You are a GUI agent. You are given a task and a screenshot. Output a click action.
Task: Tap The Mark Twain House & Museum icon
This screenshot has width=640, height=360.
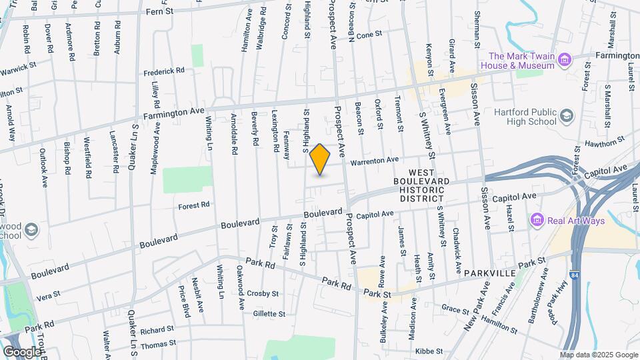point(565,61)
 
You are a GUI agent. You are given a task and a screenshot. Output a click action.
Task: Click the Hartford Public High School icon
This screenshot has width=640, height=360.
point(566,117)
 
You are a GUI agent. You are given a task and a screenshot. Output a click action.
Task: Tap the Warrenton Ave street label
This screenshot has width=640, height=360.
point(374,161)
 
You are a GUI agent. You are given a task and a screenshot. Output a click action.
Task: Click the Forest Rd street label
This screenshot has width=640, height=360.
point(194,205)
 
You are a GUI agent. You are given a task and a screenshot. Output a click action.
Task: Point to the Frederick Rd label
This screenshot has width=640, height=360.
point(163,71)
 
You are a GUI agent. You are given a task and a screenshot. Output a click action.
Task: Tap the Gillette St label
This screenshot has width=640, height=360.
point(269,313)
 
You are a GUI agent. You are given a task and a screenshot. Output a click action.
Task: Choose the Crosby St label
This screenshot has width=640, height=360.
point(262,293)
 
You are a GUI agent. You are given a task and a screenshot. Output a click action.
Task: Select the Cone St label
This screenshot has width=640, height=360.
point(369,34)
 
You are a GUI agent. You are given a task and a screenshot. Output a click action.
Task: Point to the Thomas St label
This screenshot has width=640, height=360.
point(158,345)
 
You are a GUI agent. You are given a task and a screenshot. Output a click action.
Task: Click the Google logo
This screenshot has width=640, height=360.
point(22,351)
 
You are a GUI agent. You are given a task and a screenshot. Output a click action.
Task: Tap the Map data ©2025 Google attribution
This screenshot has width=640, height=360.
point(599,355)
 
